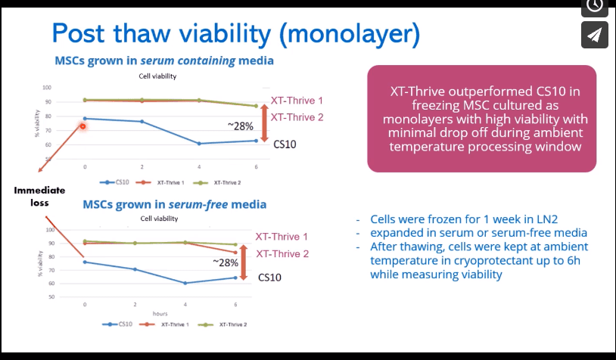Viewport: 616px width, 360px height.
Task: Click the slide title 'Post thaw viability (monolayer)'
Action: click(x=235, y=33)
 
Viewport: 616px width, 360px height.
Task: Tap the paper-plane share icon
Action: click(x=595, y=35)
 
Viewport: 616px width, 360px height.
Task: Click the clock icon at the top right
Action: click(x=595, y=5)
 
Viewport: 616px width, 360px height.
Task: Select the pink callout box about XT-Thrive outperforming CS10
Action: click(x=481, y=118)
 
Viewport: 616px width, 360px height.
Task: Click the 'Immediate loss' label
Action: click(x=39, y=197)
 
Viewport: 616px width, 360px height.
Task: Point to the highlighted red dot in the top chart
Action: click(x=82, y=126)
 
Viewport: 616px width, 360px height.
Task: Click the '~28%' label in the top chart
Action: click(x=240, y=126)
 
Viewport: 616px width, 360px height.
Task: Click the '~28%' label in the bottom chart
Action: click(x=225, y=262)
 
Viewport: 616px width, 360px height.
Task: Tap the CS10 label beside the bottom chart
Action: click(x=269, y=278)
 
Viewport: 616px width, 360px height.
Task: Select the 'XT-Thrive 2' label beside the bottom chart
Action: click(x=282, y=254)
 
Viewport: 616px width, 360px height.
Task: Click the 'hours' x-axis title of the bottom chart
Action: click(x=160, y=312)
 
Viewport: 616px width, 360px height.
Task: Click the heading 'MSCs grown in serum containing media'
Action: click(x=164, y=61)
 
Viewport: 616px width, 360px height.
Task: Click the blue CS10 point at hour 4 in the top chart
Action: click(x=199, y=144)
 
